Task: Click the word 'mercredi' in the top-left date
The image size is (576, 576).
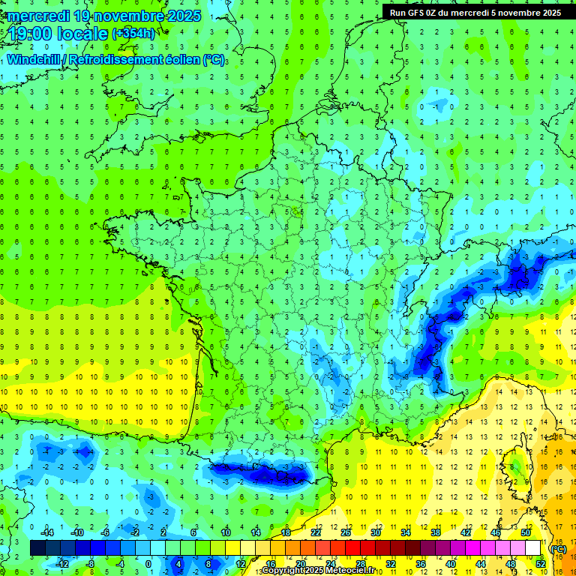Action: pos(39,16)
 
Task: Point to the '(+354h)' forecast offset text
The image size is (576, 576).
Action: pos(133,34)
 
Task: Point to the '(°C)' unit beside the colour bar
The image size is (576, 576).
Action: pos(557,549)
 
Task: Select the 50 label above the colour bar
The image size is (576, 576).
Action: pos(526,532)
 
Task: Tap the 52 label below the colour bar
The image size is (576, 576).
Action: pos(541,564)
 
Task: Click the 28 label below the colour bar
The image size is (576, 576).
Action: pos(360,564)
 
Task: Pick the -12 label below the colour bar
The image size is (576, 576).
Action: pos(63,564)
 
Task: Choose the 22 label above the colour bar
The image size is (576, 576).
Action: pos(316,532)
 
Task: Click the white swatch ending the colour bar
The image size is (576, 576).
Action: pos(532,548)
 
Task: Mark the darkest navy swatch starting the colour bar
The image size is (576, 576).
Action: pos(37,548)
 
